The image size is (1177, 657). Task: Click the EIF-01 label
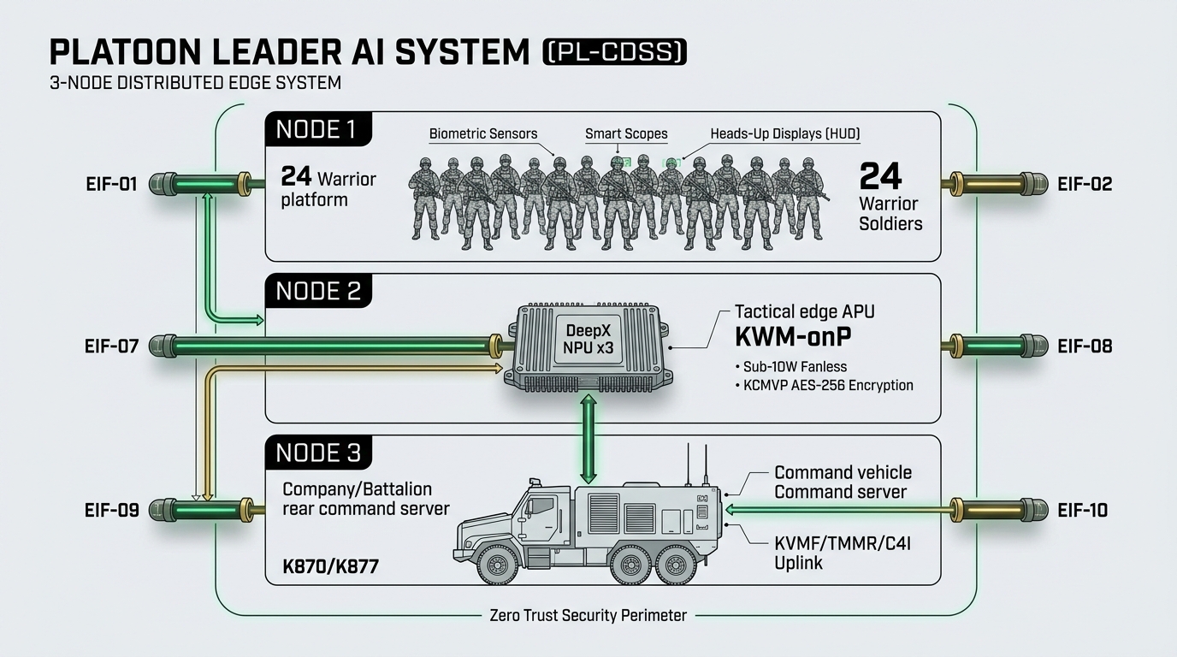pyautogui.click(x=111, y=185)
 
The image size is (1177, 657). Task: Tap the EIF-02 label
pyautogui.click(x=1085, y=185)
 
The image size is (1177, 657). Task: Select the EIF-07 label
pyautogui.click(x=111, y=346)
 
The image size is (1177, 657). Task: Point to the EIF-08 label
pyautogui.click(x=1085, y=346)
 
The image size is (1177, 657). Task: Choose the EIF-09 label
pyautogui.click(x=111, y=511)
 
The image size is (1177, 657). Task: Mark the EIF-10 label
pyautogui.click(x=1082, y=511)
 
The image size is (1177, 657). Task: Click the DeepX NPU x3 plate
pyautogui.click(x=588, y=340)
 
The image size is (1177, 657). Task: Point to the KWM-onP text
pyautogui.click(x=793, y=337)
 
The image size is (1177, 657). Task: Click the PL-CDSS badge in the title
pyautogui.click(x=615, y=51)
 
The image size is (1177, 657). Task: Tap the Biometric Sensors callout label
pyautogui.click(x=483, y=134)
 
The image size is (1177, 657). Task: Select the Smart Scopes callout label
pyautogui.click(x=626, y=134)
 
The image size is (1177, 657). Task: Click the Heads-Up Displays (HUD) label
pyautogui.click(x=785, y=134)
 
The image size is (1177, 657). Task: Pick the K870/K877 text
pyautogui.click(x=330, y=566)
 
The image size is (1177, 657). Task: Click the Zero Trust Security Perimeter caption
pyautogui.click(x=588, y=615)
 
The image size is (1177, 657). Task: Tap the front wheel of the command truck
pyautogui.click(x=496, y=565)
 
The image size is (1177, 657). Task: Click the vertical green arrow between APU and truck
pyautogui.click(x=588, y=439)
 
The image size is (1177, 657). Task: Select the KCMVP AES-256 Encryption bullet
pyautogui.click(x=825, y=386)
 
